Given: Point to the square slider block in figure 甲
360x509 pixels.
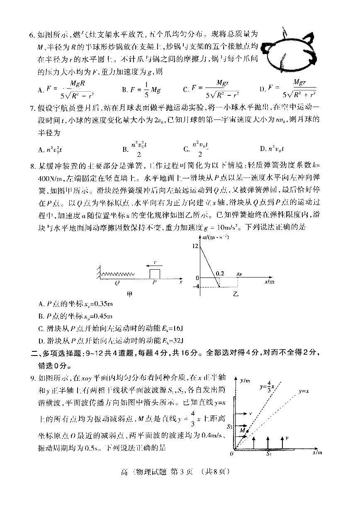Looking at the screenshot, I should (154, 273).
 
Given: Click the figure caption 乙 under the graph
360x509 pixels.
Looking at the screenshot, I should (236, 294).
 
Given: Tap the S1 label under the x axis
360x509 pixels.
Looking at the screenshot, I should (269, 455).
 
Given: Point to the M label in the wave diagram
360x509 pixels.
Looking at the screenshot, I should (242, 431).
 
